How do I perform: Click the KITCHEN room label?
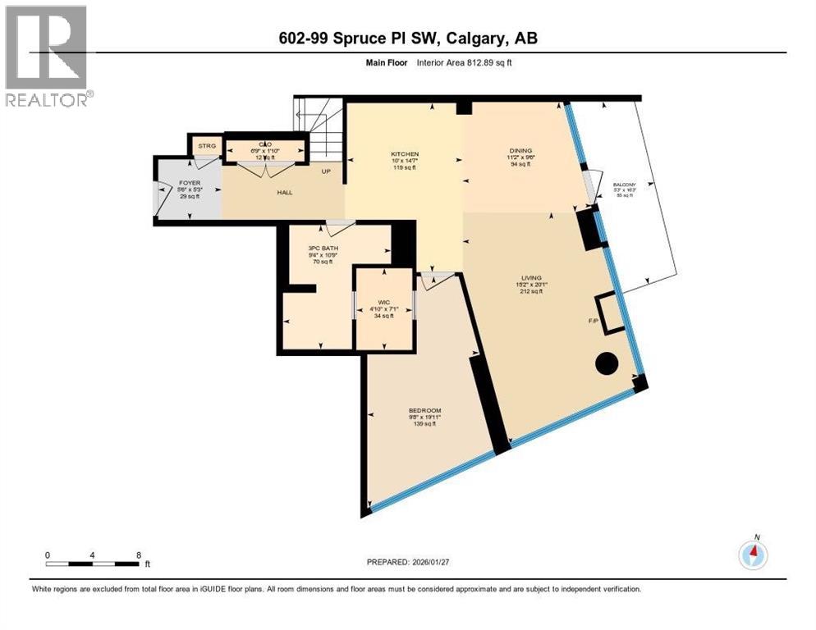point(405,154)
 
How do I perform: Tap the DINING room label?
point(520,151)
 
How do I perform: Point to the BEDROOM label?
point(425,410)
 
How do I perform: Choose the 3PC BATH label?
point(323,248)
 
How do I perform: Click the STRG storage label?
point(205,146)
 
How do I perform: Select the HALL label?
point(284,193)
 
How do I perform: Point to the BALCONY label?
point(624,185)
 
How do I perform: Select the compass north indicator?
point(752,555)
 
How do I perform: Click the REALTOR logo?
point(46,56)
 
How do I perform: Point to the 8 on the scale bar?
point(137,555)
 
